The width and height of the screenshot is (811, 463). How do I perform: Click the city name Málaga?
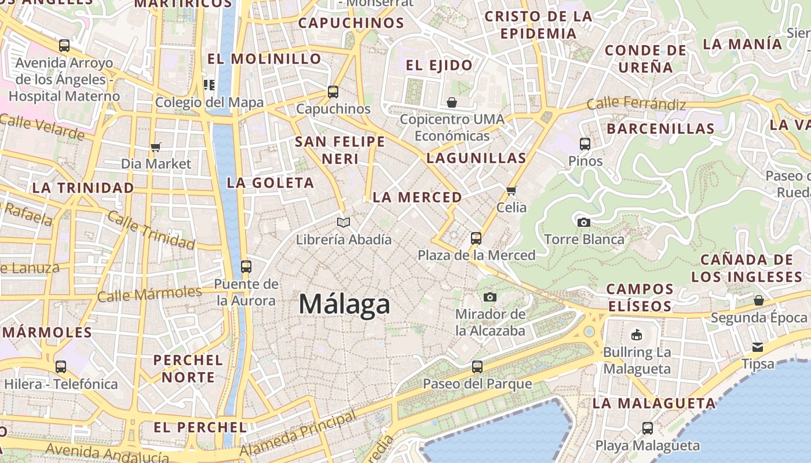point(345,304)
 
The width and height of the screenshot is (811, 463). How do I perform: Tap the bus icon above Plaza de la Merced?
point(476,238)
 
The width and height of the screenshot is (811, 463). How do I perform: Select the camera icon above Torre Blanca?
point(584,222)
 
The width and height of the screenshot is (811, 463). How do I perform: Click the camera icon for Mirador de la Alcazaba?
point(490,297)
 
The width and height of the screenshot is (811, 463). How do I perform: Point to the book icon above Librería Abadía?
point(344,222)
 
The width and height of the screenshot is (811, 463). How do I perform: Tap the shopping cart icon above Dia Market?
point(155,148)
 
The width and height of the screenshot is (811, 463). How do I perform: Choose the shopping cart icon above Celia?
point(511,190)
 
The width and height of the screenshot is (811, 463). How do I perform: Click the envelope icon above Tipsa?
point(758,347)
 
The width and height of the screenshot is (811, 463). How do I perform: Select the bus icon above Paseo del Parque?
point(477,366)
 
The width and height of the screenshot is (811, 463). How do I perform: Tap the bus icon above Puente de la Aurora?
point(246,267)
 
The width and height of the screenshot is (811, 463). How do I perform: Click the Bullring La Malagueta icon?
point(636,335)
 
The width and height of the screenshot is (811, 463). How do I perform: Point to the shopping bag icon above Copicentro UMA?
point(452,102)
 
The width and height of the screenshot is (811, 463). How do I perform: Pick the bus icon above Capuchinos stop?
point(333,91)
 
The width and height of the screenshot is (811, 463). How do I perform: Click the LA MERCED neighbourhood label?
point(417,197)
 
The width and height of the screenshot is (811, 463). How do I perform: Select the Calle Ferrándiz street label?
point(636,104)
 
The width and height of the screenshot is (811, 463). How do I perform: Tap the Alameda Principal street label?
point(298,434)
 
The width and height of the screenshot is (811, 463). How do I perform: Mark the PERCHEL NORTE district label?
point(188,369)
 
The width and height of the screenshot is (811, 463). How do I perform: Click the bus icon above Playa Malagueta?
point(648,428)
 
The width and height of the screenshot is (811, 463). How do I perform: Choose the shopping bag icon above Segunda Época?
point(758,300)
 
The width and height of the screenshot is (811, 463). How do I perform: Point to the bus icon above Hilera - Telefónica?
point(61,366)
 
